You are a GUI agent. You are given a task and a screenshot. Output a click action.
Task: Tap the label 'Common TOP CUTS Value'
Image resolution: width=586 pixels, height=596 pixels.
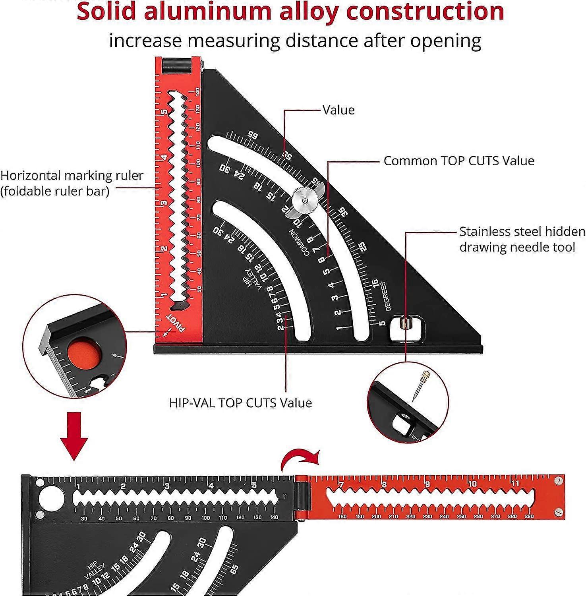459,161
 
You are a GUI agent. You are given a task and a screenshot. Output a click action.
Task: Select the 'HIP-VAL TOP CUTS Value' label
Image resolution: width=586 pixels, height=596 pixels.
240,403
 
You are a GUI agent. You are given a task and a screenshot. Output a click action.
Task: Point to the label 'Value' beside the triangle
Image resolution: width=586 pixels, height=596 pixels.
338,110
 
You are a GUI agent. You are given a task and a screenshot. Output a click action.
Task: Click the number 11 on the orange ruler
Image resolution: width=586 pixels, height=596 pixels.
515,484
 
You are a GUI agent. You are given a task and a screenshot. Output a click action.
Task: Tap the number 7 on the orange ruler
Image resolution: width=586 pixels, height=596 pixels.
341,485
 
